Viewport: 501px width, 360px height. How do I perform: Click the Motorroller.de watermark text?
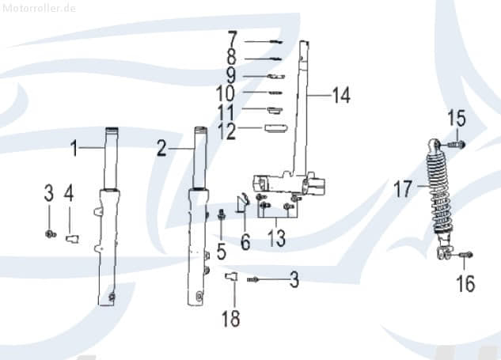tap(38, 8)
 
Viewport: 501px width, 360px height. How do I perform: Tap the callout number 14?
tap(341, 95)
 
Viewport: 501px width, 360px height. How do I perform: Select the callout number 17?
tap(403, 188)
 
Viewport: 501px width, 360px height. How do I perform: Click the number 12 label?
tap(227, 131)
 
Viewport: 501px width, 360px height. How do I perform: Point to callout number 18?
tap(230, 318)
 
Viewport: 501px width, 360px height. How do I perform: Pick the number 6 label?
tap(245, 242)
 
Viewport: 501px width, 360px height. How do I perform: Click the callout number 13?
tap(276, 238)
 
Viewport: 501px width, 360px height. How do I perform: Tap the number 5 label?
tap(222, 252)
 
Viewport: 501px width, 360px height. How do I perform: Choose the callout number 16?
tap(465, 284)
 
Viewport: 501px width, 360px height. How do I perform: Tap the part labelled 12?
tap(276, 127)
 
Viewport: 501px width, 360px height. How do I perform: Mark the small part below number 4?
tap(73, 239)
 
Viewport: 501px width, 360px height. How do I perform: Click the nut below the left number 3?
tap(50, 234)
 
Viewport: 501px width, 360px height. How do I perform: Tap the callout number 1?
tap(74, 149)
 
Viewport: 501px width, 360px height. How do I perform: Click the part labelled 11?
tap(275, 109)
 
